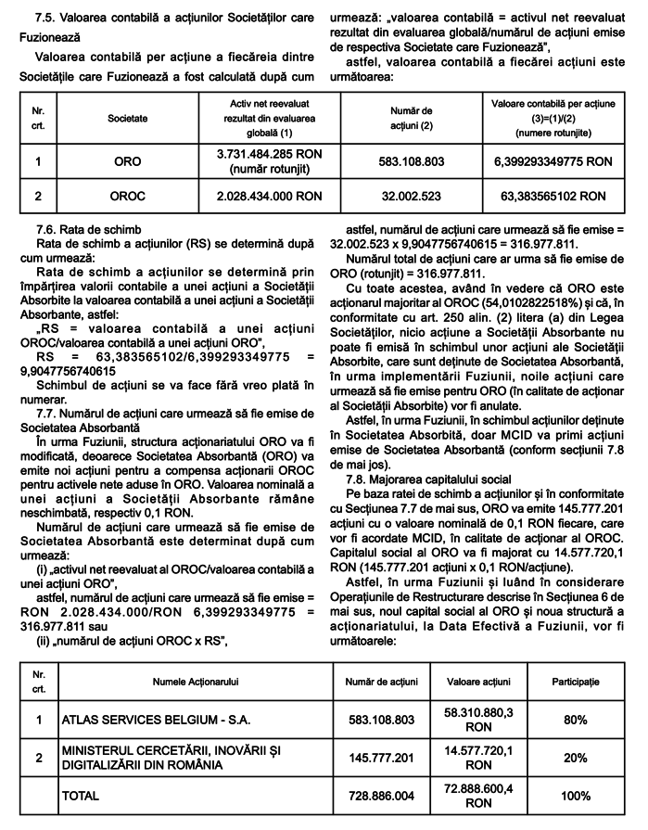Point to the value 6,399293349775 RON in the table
click(553, 161)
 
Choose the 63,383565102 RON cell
click(553, 197)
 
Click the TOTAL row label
click(82, 796)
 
